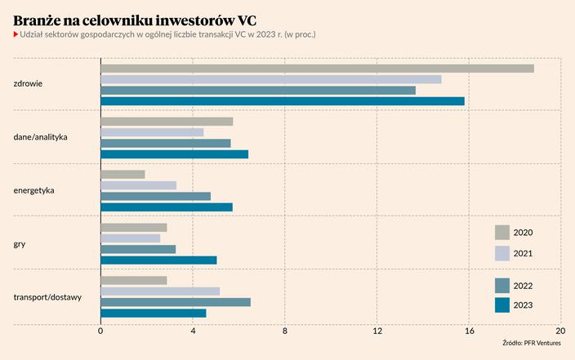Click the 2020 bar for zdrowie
pos(317,69)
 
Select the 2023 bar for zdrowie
pos(282,101)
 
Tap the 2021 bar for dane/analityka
pos(152,132)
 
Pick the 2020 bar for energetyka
pos(123,175)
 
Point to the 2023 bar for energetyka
pos(166,207)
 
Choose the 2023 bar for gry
pos(158,260)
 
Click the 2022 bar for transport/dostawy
pos(176,302)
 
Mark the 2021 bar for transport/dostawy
pos(160,291)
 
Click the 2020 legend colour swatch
pos(502,233)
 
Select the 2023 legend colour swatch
pos(502,305)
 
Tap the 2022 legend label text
pos(523,286)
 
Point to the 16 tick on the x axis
pos(469,331)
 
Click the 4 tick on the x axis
pos(193,331)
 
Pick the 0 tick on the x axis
pos(100,331)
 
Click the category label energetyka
pos(34,191)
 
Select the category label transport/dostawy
pos(47,297)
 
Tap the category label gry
pos(20,244)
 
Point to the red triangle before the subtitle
pos(16,35)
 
